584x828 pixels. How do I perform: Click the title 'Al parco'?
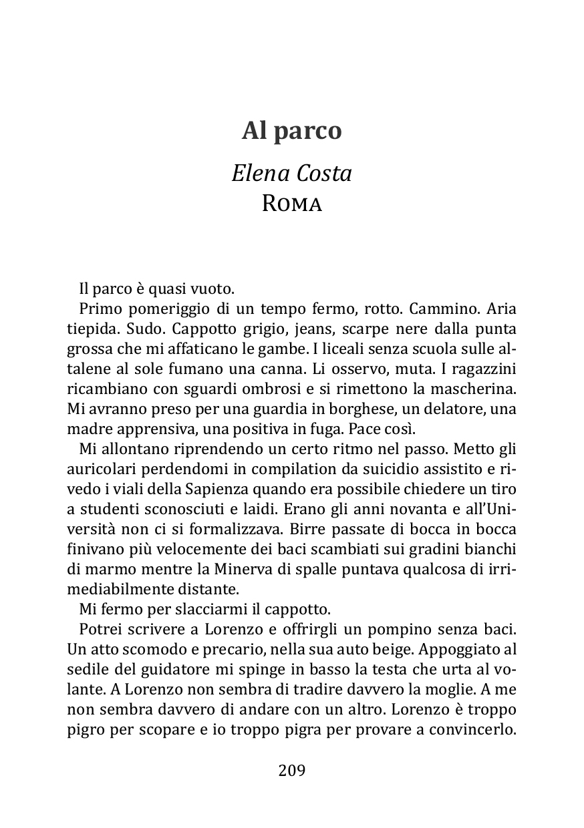coord(291,132)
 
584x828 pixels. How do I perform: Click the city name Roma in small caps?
coord(292,204)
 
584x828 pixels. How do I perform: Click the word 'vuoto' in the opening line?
coord(214,290)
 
